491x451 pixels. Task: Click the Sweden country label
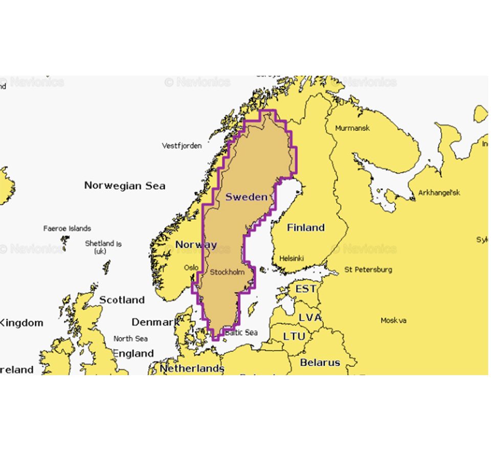pyautogui.click(x=247, y=197)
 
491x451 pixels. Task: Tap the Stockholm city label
pyautogui.click(x=227, y=272)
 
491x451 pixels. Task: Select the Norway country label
pyautogui.click(x=196, y=245)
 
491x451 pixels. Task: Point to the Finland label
pyautogui.click(x=305, y=228)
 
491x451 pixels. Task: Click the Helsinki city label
pyautogui.click(x=292, y=259)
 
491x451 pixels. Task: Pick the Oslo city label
pyautogui.click(x=191, y=267)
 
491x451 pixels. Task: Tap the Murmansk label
pyautogui.click(x=352, y=128)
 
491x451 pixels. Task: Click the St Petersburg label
pyautogui.click(x=368, y=269)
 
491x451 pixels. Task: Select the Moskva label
pyautogui.click(x=393, y=320)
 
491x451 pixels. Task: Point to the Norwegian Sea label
pyautogui.click(x=125, y=186)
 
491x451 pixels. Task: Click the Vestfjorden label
pyautogui.click(x=182, y=146)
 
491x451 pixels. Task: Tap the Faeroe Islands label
pyautogui.click(x=67, y=228)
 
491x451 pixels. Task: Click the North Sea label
pyautogui.click(x=130, y=338)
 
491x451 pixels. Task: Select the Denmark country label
pyautogui.click(x=155, y=322)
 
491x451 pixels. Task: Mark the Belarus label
pyautogui.click(x=320, y=362)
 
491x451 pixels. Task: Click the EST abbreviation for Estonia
pyautogui.click(x=305, y=289)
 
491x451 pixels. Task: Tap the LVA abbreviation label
pyautogui.click(x=310, y=318)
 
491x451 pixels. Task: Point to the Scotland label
pyautogui.click(x=122, y=300)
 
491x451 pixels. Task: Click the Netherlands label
pyautogui.click(x=192, y=368)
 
